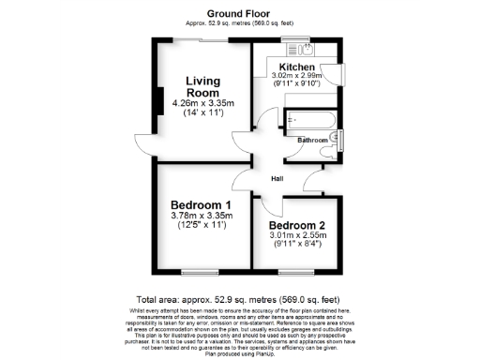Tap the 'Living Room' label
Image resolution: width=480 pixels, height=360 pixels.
click(x=202, y=87)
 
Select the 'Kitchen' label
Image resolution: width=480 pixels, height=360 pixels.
click(x=296, y=66)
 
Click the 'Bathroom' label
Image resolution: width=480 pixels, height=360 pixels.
click(x=312, y=140)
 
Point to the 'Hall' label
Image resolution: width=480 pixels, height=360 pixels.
click(x=277, y=179)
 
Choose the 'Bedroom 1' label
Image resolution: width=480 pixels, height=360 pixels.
click(x=201, y=205)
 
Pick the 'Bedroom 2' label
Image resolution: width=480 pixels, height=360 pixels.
click(x=297, y=226)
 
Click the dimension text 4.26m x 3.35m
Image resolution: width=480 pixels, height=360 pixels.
click(x=202, y=104)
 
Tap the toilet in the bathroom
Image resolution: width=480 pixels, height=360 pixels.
click(x=336, y=141)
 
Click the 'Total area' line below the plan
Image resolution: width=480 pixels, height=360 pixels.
click(x=240, y=296)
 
